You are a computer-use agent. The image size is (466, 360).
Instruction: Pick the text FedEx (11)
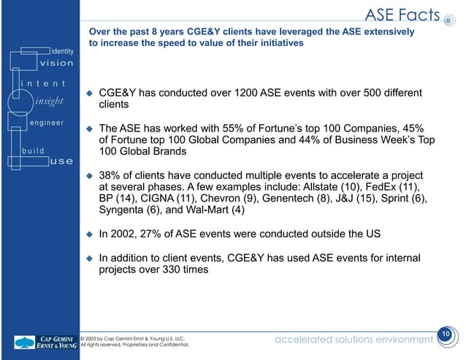(x=395, y=187)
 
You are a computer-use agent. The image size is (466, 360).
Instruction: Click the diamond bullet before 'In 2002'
(x=89, y=235)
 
